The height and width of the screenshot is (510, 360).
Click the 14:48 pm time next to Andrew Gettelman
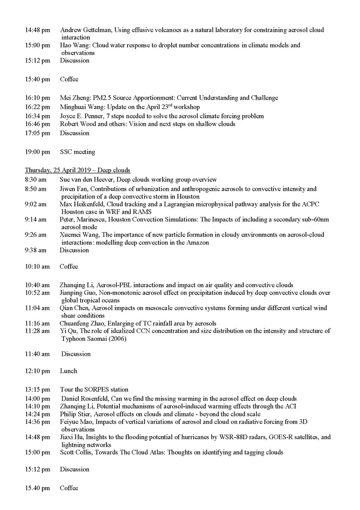[37, 30]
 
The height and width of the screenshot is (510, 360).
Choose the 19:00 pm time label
[37, 152]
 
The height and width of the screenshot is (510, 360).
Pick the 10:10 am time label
[37, 266]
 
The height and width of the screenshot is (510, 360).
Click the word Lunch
[68, 371]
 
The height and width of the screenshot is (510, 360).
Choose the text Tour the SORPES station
[94, 389]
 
